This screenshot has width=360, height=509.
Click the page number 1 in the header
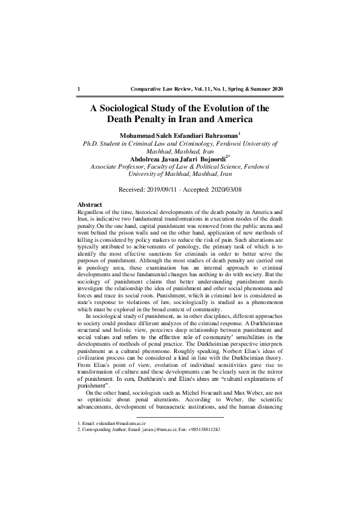[x=79, y=89]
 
